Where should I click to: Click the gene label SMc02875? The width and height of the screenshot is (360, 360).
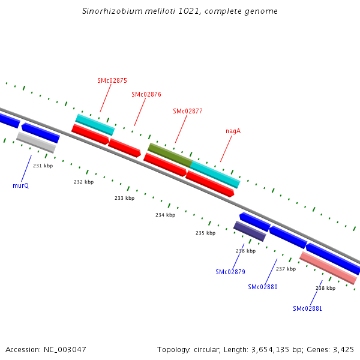click(112, 80)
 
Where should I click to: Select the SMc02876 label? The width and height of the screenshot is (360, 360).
click(146, 94)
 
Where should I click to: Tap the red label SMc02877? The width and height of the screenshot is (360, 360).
click(187, 111)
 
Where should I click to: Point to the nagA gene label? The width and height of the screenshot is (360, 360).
click(233, 131)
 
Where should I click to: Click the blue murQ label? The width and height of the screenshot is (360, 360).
click(21, 185)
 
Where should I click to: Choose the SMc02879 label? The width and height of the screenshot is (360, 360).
click(230, 272)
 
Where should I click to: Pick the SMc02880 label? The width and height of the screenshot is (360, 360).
click(263, 287)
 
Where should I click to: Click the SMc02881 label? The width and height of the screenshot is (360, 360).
click(307, 308)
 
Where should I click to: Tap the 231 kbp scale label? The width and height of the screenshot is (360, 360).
click(43, 166)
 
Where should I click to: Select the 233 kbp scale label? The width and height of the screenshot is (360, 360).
click(125, 198)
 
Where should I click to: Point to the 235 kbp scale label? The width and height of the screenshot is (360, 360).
click(206, 233)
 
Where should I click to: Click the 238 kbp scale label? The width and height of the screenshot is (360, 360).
click(325, 288)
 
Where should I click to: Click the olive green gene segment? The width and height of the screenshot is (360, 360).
click(170, 154)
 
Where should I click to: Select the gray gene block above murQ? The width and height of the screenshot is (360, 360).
click(36, 142)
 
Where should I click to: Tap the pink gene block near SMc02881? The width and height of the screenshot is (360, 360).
click(328, 268)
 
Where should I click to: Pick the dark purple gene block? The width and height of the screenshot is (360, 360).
click(250, 231)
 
